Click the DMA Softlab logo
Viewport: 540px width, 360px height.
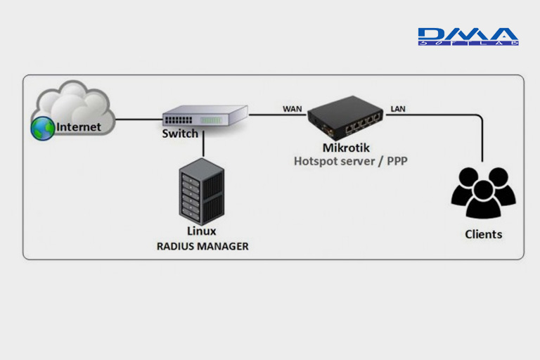[468, 37]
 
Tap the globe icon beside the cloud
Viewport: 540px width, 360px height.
[42, 128]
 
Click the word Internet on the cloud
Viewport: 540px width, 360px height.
[79, 127]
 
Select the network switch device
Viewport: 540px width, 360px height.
[205, 115]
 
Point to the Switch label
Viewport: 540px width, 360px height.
[180, 134]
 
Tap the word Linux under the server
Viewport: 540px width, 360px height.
[202, 231]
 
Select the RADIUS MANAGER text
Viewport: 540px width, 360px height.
[202, 246]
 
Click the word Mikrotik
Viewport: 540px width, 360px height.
[346, 148]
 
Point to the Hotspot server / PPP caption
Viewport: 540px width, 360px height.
[350, 161]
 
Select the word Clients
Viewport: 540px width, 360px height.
[484, 234]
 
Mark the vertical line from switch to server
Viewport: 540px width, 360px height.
[202, 145]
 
